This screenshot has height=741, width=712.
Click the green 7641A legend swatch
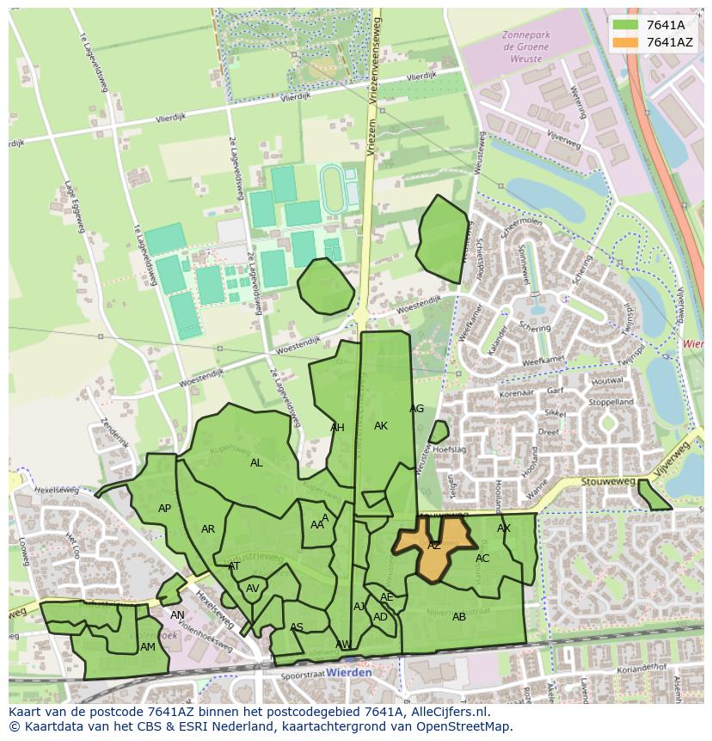pyautogui.click(x=625, y=24)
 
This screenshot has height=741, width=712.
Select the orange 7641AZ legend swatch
pyautogui.click(x=625, y=42)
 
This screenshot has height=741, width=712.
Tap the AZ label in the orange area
pyautogui.click(x=434, y=546)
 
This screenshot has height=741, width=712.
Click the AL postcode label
pyautogui.click(x=256, y=463)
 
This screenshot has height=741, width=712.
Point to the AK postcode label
pyautogui.click(x=381, y=426)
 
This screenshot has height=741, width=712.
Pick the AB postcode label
pyautogui.click(x=459, y=617)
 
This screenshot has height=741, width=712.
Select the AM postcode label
pyautogui.click(x=148, y=647)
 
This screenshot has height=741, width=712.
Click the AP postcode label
pyautogui.click(x=164, y=509)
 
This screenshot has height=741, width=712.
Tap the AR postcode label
pyautogui.click(x=208, y=529)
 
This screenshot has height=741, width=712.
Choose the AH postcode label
pyautogui.click(x=337, y=428)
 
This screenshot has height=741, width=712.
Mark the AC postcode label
pyautogui.click(x=482, y=559)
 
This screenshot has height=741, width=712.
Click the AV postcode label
pyautogui.click(x=253, y=589)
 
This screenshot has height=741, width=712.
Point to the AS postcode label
pyautogui.click(x=297, y=627)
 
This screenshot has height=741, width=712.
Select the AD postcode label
pyautogui.click(x=380, y=617)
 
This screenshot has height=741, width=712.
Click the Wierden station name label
pyautogui.click(x=349, y=672)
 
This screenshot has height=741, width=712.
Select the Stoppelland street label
pyautogui.click(x=611, y=402)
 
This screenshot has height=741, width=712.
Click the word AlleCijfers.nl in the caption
pyautogui.click(x=447, y=712)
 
